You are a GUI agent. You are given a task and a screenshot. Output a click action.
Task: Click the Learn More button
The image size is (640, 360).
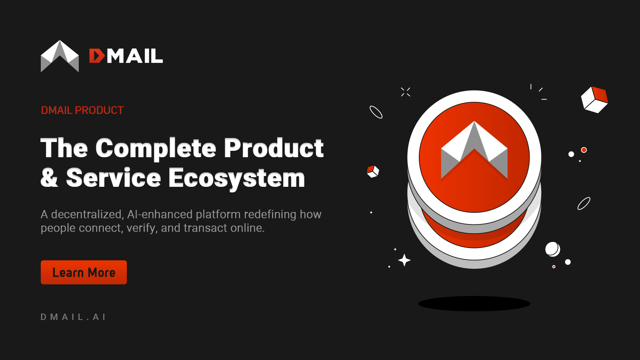click(x=84, y=272)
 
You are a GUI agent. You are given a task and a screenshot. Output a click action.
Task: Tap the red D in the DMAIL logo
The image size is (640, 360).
click(x=96, y=56)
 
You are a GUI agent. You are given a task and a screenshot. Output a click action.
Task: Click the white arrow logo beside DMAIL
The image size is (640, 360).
click(x=60, y=56)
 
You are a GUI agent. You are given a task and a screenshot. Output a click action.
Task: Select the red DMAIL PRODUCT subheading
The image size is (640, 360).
click(x=82, y=110)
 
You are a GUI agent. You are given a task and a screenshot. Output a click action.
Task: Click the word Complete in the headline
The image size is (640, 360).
click(x=156, y=148)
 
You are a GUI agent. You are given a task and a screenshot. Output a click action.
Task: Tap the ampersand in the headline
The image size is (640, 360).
click(x=49, y=178)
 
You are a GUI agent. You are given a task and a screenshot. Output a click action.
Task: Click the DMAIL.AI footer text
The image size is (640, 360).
click(x=73, y=317)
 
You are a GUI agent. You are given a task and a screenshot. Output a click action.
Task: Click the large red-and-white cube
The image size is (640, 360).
click(x=594, y=100)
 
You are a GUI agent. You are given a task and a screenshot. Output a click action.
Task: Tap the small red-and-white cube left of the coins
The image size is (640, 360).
click(x=373, y=172)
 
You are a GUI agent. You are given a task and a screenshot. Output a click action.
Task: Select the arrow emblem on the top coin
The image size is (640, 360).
click(x=474, y=150)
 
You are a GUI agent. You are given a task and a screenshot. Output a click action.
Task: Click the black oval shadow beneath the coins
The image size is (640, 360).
click(x=474, y=304)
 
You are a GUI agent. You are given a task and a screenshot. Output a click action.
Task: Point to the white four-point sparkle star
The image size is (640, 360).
click(x=404, y=260)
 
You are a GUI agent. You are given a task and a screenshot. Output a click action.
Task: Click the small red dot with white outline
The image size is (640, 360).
click(x=584, y=150)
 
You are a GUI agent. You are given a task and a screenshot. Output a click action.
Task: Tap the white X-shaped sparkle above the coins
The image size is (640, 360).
click(x=406, y=92)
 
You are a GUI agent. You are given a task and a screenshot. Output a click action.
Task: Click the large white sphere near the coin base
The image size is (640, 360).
click(x=552, y=249)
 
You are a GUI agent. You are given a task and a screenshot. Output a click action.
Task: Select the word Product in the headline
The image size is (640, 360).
click(x=274, y=148)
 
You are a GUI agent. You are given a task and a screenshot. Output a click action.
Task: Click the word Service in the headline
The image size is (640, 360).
click(x=114, y=178)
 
